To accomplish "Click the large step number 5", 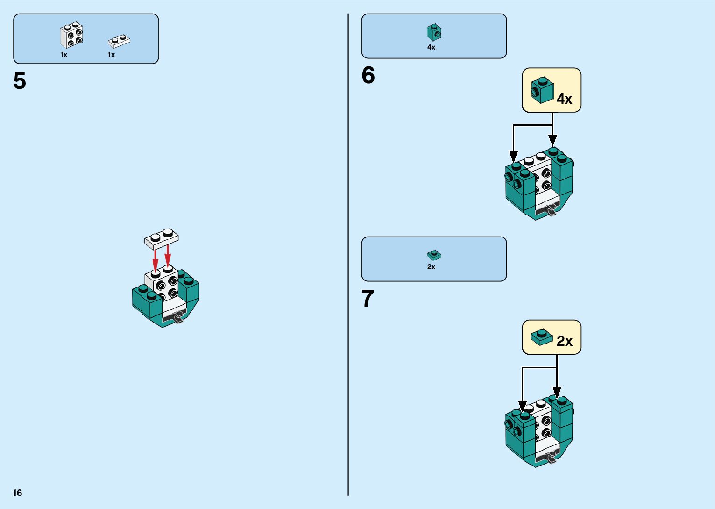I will [20, 81].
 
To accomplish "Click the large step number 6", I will [368, 75].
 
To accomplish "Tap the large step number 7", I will [368, 299].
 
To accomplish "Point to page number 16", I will [18, 493].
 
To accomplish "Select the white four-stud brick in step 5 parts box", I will [71, 36].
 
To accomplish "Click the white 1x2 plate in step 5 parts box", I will [119, 41].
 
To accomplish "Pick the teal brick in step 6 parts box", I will [434, 32].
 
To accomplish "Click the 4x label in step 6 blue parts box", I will [431, 47].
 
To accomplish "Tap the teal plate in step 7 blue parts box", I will [434, 255].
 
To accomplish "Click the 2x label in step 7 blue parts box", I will [431, 267].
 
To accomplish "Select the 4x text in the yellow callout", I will [564, 99].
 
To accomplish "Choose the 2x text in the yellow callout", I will [564, 341].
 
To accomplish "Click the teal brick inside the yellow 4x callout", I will [542, 90].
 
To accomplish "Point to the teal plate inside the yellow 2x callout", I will [541, 337].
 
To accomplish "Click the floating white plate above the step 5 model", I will [161, 239].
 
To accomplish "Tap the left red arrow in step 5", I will [156, 259].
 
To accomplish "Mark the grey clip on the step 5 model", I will [178, 318].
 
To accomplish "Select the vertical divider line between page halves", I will [348, 255].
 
